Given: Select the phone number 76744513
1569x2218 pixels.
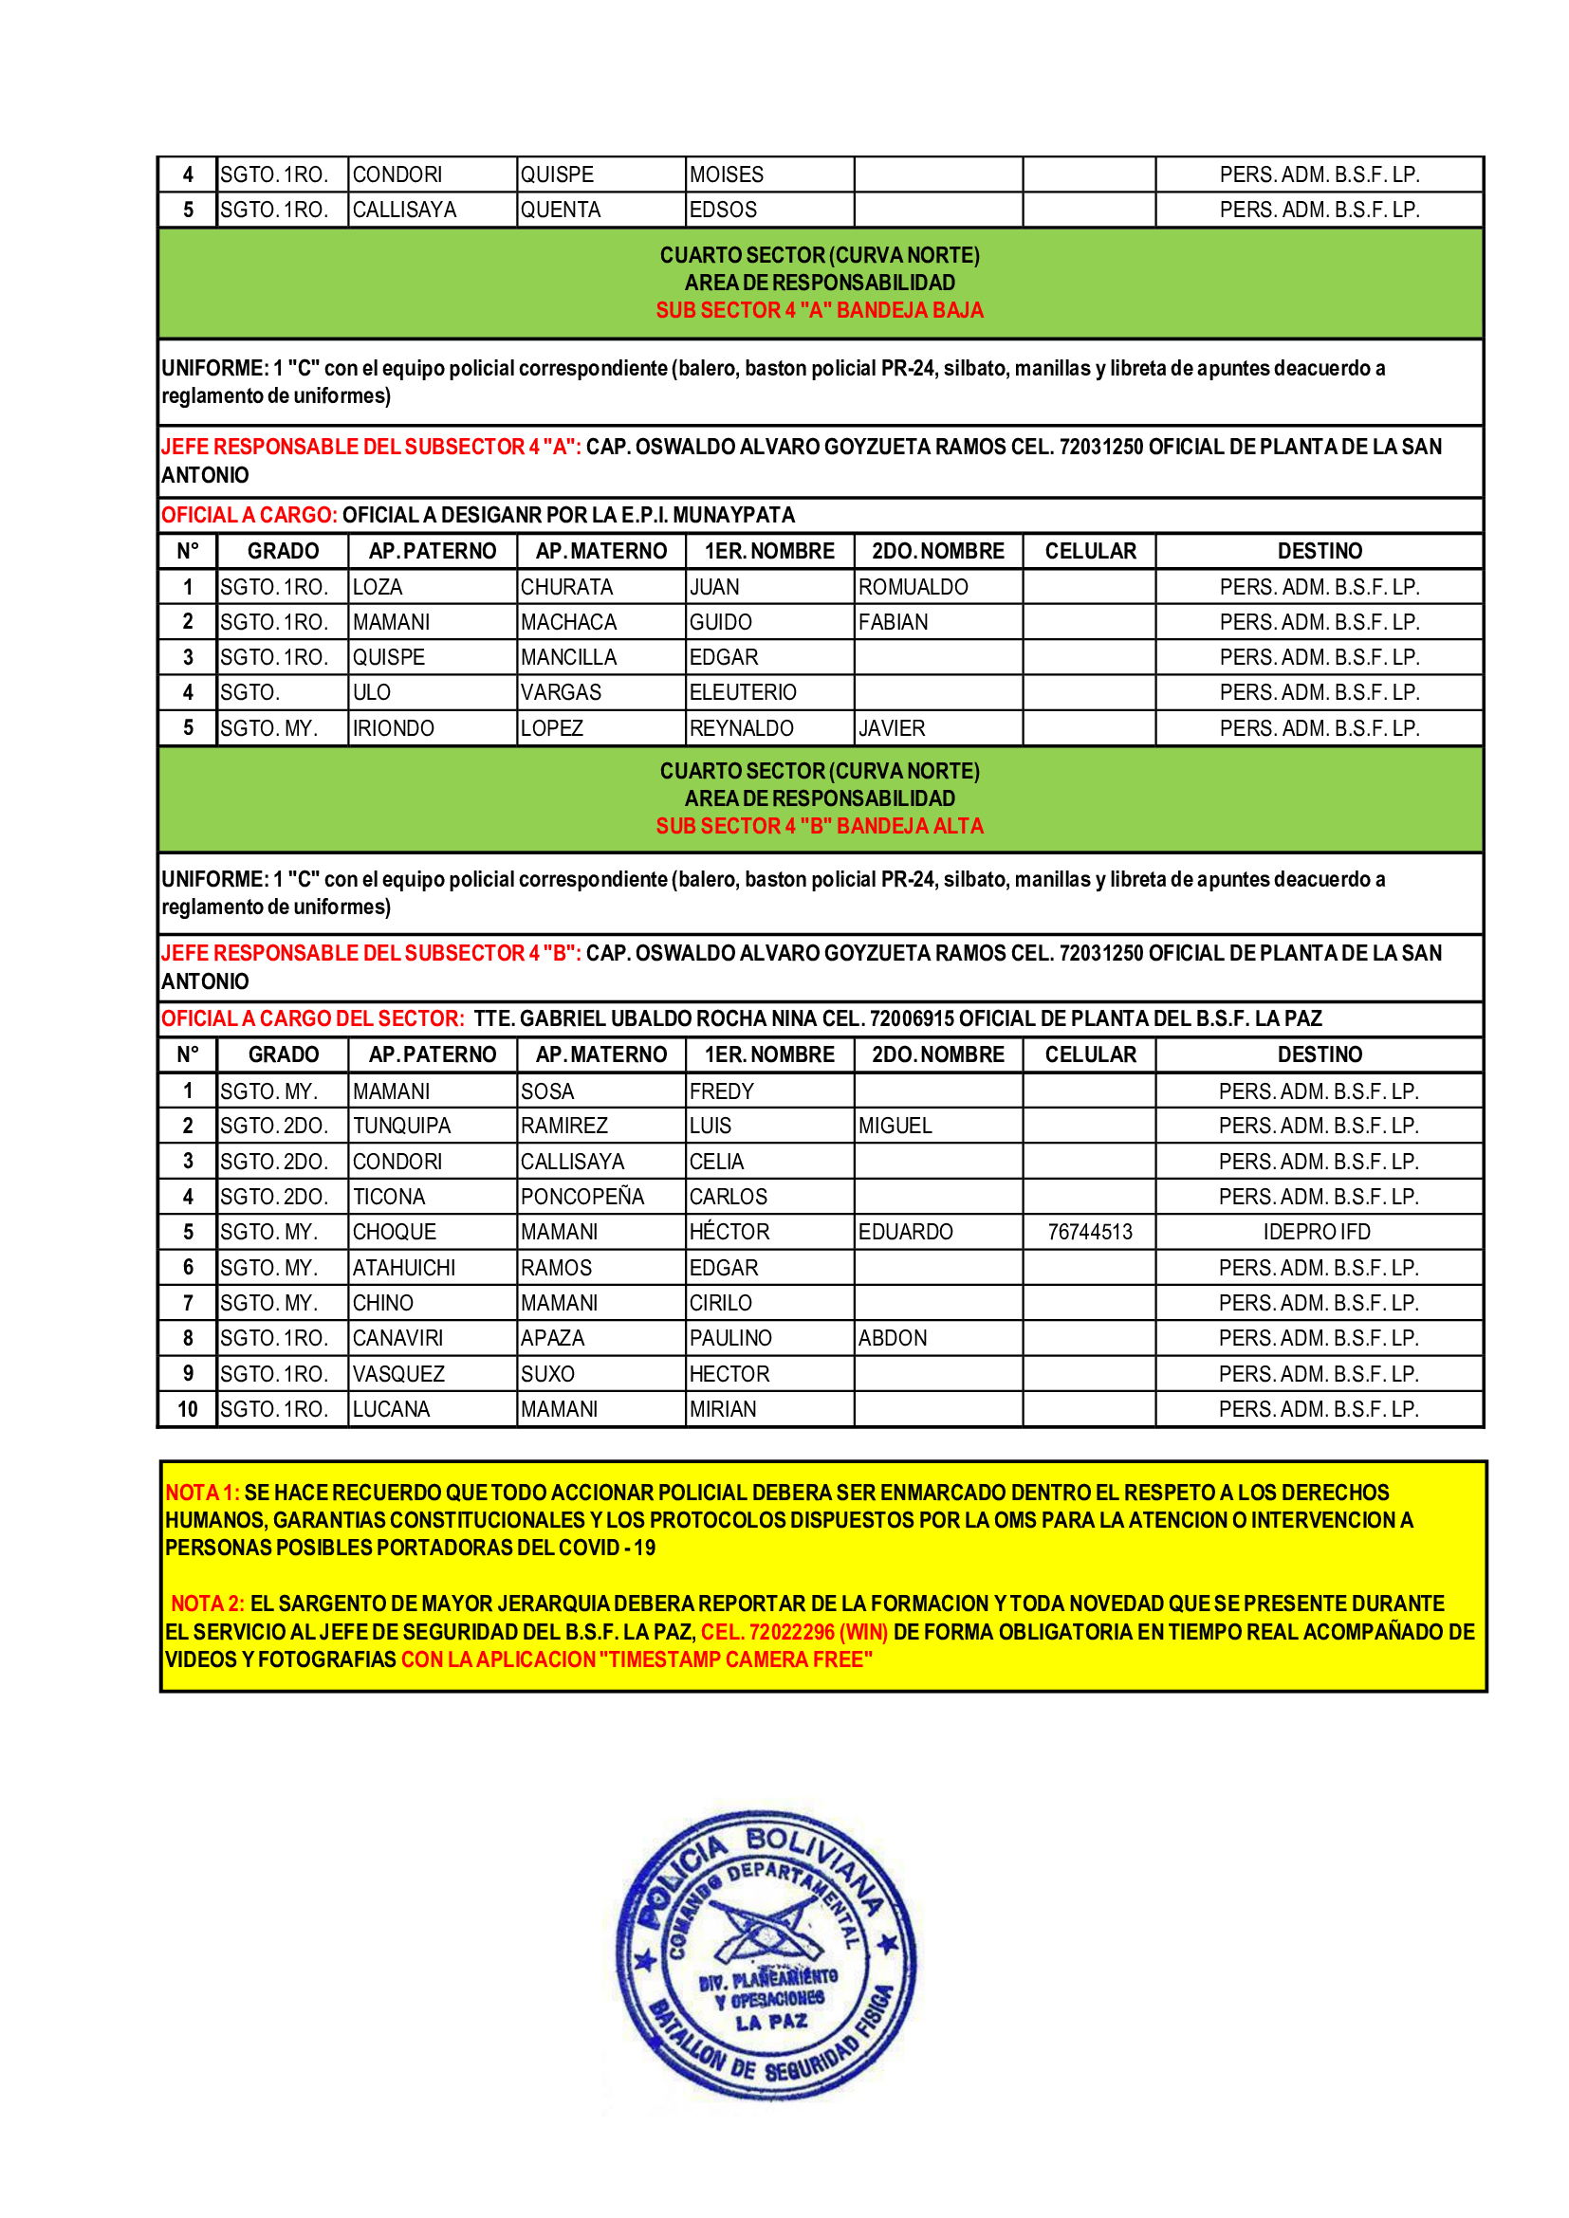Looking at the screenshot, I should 1090,1232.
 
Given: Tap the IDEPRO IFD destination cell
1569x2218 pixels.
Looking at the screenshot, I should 1318,1232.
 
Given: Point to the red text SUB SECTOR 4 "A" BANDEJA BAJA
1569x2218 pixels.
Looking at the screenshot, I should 820,310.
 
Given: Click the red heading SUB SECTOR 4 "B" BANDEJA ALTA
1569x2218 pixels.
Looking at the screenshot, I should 820,826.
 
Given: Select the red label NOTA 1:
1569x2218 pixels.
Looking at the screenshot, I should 202,1493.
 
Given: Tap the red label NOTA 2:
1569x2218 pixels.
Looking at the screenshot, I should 208,1604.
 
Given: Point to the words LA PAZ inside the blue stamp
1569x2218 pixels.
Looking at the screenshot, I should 771,2022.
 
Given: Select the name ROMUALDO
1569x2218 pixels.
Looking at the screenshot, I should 913,587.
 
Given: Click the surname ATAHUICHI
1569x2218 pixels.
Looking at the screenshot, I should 404,1268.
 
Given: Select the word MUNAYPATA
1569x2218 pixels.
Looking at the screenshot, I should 733,515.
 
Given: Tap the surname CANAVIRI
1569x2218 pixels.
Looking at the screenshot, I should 398,1338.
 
